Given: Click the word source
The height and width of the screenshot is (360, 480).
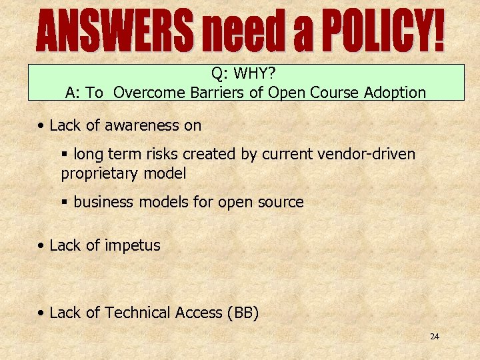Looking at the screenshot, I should coord(281,202).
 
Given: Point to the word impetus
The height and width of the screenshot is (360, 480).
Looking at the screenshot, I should coord(131,245).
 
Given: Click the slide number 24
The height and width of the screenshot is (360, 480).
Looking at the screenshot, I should coord(434,337).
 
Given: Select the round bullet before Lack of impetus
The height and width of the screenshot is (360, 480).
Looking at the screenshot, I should coord(41,245).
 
